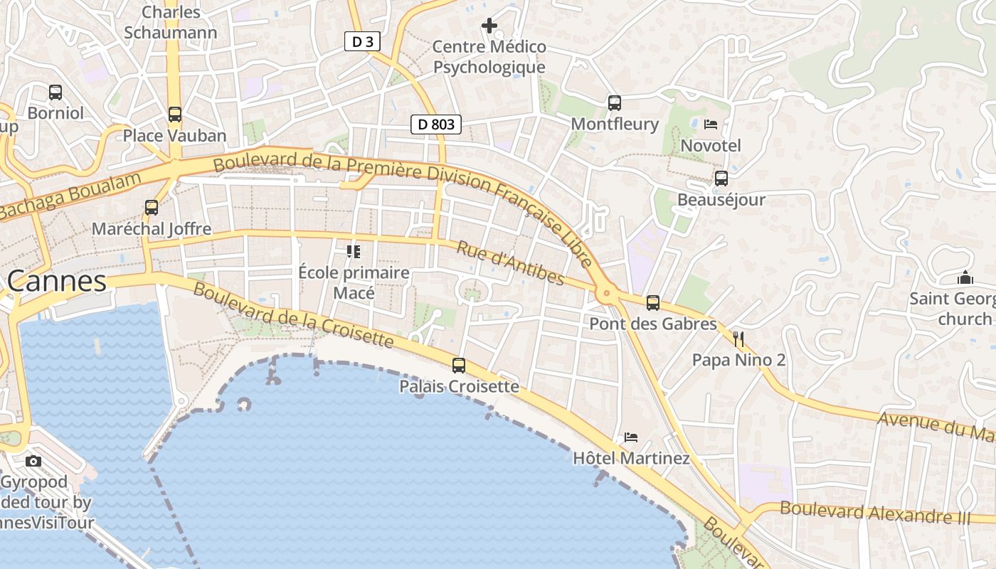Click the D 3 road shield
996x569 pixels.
[362, 42]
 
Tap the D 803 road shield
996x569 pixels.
[436, 124]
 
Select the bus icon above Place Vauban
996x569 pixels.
[175, 114]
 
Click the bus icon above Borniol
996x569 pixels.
[55, 92]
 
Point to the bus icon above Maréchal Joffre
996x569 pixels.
[152, 208]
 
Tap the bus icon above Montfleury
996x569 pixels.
[615, 103]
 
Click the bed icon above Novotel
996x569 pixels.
[711, 124]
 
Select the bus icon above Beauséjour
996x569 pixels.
[721, 179]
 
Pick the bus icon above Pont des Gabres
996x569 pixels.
[653, 303]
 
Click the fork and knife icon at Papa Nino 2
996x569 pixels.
[738, 339]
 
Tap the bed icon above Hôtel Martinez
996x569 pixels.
[631, 437]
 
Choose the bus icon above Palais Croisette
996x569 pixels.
[459, 366]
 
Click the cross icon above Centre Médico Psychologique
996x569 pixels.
[489, 26]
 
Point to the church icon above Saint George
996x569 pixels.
[965, 277]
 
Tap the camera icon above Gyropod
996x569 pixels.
[33, 461]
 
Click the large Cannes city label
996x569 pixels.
[57, 282]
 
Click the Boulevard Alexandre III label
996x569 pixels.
[875, 511]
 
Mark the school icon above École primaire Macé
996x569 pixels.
[354, 251]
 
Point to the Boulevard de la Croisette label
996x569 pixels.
[293, 315]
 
